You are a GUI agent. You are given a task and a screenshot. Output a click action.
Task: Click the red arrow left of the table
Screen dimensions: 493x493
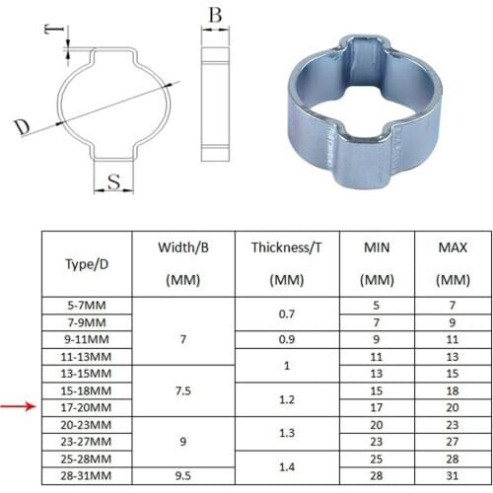(17, 403)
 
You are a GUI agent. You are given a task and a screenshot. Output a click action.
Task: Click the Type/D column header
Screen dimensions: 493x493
(86, 264)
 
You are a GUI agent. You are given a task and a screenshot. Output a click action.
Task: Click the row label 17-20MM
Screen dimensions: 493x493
(86, 406)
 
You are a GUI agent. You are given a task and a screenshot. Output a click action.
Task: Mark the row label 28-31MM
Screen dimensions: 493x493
(86, 474)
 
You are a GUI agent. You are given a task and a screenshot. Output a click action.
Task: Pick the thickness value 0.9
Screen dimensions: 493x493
(286, 339)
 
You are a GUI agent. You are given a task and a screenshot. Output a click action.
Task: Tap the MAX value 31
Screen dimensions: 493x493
(452, 474)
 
